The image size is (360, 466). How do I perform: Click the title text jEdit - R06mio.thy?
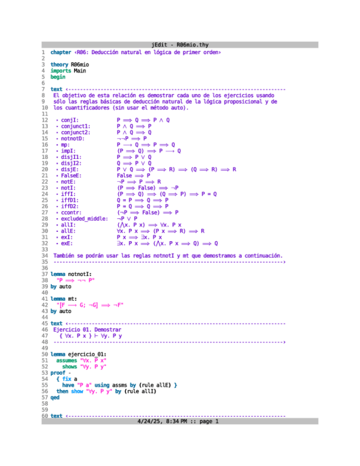(x=180, y=45)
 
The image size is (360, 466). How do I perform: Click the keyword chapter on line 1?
(x=60, y=52)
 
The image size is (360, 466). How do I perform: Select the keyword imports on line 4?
(x=60, y=71)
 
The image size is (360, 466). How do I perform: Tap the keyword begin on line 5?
(x=58, y=77)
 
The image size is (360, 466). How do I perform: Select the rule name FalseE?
(x=71, y=175)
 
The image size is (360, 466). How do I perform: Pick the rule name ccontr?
(x=71, y=212)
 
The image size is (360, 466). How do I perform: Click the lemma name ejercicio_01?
(x=87, y=354)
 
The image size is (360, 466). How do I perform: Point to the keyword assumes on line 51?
(x=67, y=360)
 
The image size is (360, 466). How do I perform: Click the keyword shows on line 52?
(x=69, y=366)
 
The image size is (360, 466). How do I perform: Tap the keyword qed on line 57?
(x=54, y=397)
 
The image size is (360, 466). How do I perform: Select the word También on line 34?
(x=65, y=255)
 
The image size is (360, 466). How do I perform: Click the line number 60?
(x=44, y=415)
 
